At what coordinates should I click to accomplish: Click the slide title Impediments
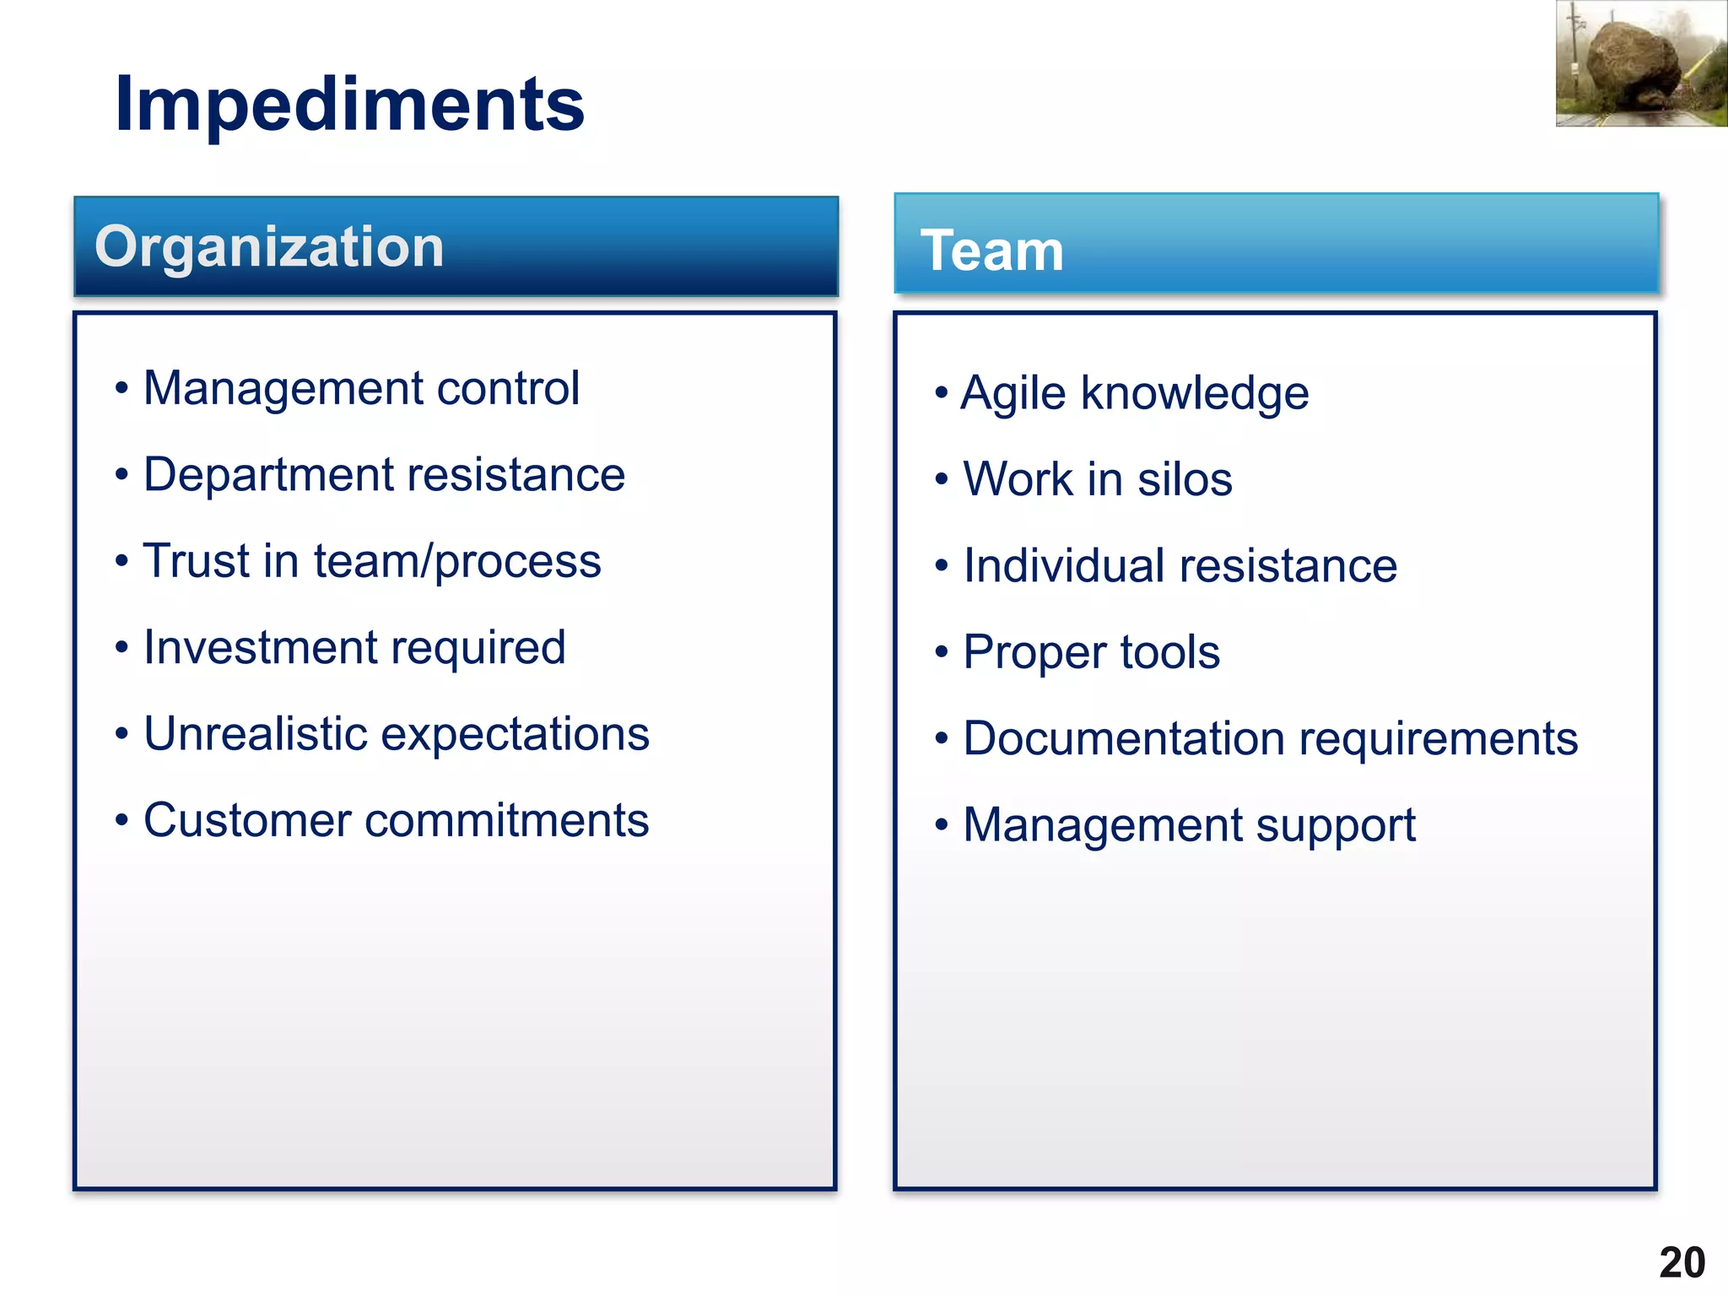click(349, 104)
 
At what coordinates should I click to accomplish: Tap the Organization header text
click(269, 246)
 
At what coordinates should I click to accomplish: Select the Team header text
click(991, 251)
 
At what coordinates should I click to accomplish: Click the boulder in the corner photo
click(1633, 63)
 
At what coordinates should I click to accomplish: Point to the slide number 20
click(1682, 1263)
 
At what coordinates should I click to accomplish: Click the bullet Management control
click(361, 388)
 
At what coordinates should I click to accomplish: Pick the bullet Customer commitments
click(396, 820)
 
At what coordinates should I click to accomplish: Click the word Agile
click(1013, 394)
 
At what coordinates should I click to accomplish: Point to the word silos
click(1185, 479)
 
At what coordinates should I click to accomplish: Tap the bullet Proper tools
click(1091, 652)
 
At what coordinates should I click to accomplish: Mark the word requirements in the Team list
click(1439, 740)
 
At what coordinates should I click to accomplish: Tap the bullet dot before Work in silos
click(942, 479)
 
